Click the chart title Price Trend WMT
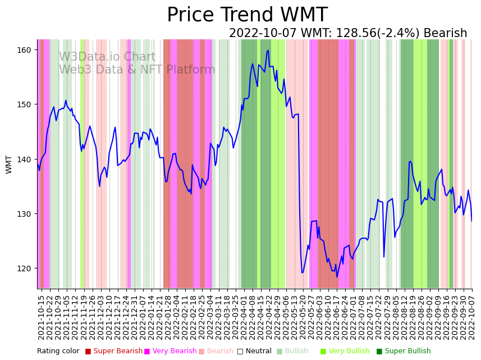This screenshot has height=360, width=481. point(247,15)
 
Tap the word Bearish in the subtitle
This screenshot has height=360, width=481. point(445,33)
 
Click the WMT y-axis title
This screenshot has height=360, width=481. point(9,165)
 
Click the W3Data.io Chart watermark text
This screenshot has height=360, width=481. point(107,57)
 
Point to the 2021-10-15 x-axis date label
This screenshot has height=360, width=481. point(41,315)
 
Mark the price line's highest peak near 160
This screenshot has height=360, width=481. point(268,51)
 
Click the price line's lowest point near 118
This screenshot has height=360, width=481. point(337,277)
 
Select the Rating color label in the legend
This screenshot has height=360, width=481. point(58,351)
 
